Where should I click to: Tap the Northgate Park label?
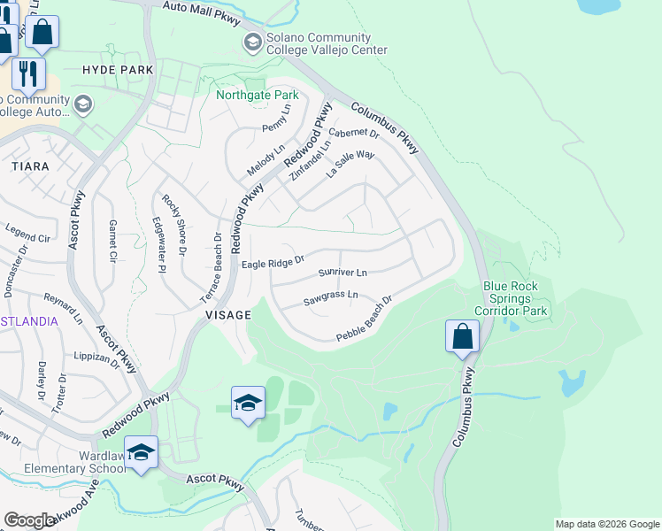(x=258, y=94)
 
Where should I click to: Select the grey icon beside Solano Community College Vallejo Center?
(x=253, y=42)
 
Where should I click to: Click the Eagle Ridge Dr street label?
(x=273, y=262)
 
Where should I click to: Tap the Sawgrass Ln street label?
(x=330, y=296)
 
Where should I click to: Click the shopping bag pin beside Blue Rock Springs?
(x=462, y=336)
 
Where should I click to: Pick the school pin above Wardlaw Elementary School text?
(x=141, y=452)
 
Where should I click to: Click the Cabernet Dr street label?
(x=353, y=135)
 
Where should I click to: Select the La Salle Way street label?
(x=350, y=165)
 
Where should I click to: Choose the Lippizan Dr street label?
(x=97, y=359)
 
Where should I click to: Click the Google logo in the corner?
(x=29, y=520)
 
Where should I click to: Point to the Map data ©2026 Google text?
(x=606, y=524)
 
